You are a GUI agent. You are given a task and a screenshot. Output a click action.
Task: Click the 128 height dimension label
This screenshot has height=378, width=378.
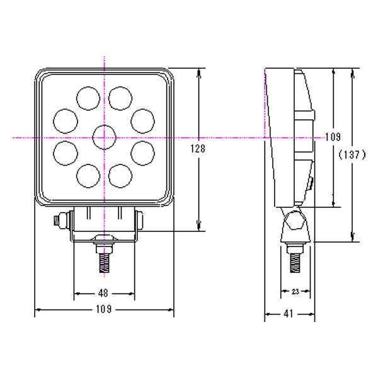199,148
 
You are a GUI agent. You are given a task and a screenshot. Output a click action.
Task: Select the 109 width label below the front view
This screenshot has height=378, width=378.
104,309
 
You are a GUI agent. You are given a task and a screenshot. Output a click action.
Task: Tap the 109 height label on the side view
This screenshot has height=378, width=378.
332,137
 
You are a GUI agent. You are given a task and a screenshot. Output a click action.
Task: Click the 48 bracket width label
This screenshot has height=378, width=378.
104,293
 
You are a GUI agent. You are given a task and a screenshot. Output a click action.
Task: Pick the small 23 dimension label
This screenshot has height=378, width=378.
296,291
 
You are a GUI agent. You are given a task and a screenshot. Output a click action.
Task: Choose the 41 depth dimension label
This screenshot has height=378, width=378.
289,312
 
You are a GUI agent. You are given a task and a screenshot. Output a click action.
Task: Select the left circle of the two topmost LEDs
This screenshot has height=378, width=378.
88,97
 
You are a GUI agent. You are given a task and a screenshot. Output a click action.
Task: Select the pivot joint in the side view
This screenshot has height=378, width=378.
294,222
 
